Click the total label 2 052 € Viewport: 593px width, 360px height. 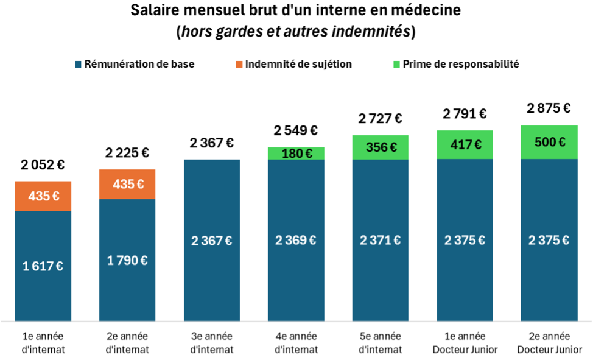point(43,164)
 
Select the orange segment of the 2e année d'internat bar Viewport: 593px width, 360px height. point(127,184)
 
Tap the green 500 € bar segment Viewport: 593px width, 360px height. point(549,142)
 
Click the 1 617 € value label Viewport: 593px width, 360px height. point(43,266)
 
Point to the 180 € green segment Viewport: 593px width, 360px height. point(296,153)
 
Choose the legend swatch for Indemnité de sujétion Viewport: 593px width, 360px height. point(239,64)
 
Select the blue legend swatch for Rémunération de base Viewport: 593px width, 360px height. point(78,64)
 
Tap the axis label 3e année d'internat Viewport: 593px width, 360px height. point(211,343)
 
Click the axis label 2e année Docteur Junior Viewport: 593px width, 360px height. point(549,343)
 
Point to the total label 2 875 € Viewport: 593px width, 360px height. point(549,108)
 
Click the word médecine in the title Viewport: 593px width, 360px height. point(423,10)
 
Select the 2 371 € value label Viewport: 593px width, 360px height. point(380,240)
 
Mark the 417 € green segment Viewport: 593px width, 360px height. point(465,145)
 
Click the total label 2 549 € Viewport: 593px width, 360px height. point(296,130)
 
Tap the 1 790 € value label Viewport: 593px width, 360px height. point(127,260)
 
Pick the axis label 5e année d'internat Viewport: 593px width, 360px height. point(380,343)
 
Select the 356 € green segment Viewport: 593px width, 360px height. point(380,147)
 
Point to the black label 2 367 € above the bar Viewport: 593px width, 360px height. point(211,143)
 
